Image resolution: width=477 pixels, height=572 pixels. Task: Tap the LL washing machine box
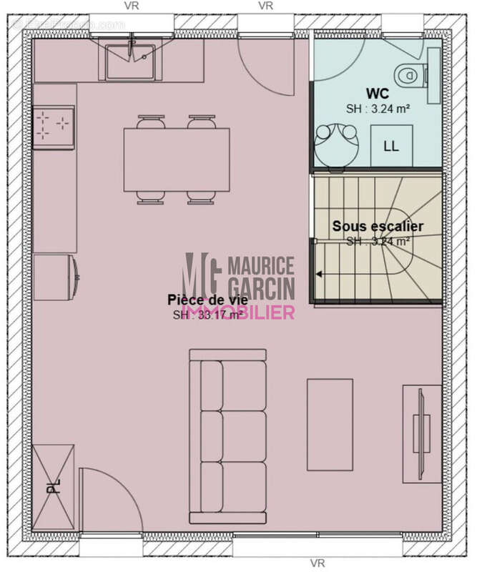391,146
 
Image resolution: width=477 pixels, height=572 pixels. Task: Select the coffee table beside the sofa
330,424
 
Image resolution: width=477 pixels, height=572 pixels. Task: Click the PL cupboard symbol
53,485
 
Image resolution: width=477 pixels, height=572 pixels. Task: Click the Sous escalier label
378,226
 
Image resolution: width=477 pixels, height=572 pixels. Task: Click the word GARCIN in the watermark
261,287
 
